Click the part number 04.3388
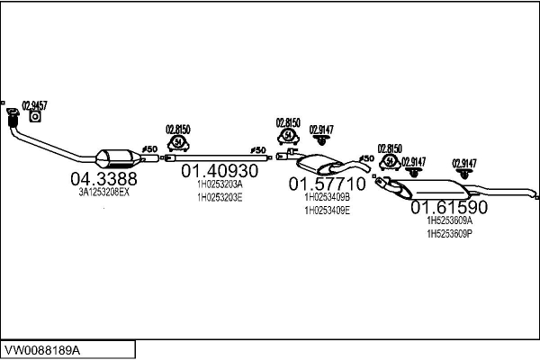(103, 178)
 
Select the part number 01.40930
(220, 170)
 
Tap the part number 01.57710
(327, 184)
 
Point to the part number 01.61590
(449, 207)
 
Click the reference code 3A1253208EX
(103, 193)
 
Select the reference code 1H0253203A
(220, 184)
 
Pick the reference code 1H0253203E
(220, 197)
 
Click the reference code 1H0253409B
(327, 197)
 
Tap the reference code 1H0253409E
(327, 210)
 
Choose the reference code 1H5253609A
(449, 220)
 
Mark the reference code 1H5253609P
(449, 234)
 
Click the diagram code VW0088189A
(42, 349)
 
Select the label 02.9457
(34, 104)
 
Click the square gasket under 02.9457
(35, 116)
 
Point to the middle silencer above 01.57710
(319, 164)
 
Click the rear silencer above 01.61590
(437, 191)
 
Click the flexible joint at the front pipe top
(13, 120)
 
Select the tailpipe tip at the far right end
(535, 193)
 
